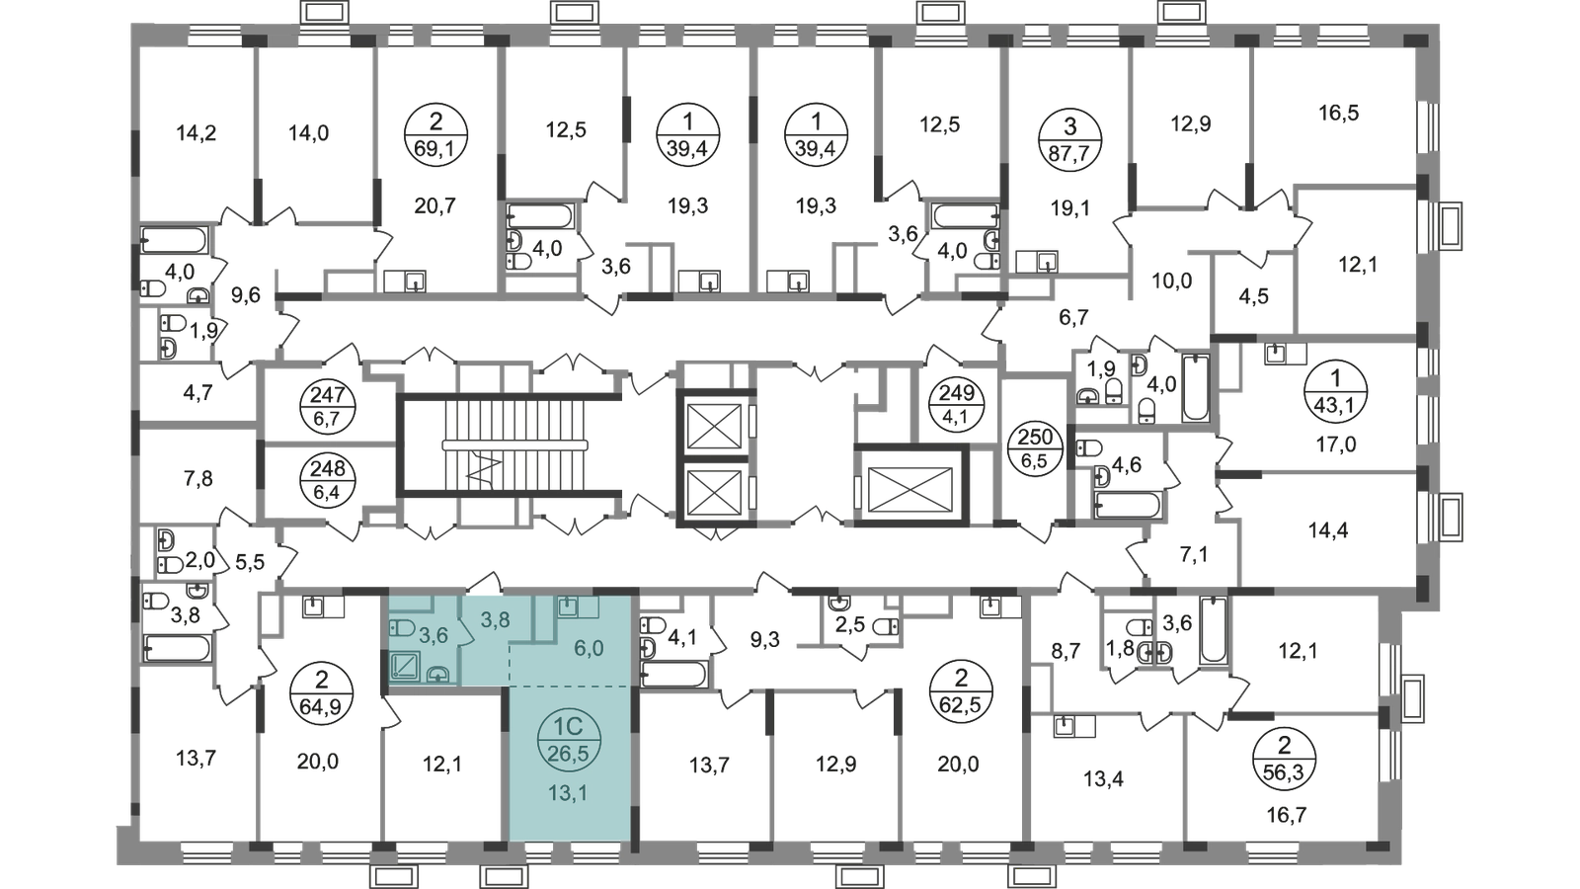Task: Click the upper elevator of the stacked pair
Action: coord(713,426)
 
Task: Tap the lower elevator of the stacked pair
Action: coord(713,489)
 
